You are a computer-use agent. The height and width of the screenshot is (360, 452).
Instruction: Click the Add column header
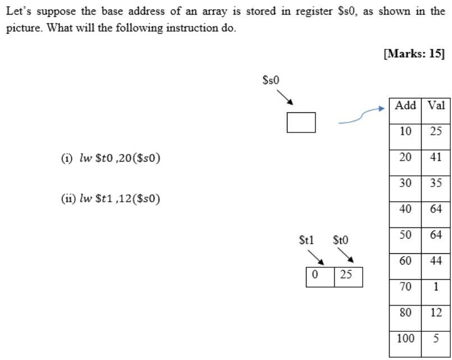point(405,106)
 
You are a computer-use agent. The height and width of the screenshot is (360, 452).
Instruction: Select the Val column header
point(436,106)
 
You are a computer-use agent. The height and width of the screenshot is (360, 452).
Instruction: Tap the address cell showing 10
point(405,131)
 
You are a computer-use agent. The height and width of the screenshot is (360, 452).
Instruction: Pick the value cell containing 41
point(436,157)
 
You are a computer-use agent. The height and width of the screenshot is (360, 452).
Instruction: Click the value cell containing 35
point(436,183)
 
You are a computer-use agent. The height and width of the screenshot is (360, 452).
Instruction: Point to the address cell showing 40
point(405,209)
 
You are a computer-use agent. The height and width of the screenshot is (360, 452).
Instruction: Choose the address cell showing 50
point(405,235)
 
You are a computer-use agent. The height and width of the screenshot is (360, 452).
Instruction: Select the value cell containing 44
point(436,261)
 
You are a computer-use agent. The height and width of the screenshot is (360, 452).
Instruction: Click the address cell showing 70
point(405,286)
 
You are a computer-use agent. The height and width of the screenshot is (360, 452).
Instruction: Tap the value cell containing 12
point(436,312)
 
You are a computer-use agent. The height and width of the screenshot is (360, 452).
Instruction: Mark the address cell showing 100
point(405,338)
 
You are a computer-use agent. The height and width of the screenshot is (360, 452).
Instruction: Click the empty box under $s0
point(301,122)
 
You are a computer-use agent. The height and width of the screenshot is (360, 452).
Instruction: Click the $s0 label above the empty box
point(271,80)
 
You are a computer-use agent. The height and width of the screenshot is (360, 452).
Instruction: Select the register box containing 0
point(320,277)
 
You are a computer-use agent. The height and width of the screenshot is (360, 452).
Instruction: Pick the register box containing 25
point(348,277)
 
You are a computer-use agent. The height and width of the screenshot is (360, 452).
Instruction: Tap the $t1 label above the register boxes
point(307,240)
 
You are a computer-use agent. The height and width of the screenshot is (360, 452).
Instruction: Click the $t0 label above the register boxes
point(340,240)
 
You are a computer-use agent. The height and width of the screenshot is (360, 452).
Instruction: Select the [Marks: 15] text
point(414,53)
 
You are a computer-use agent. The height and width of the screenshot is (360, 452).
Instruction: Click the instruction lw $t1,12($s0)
point(111,199)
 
